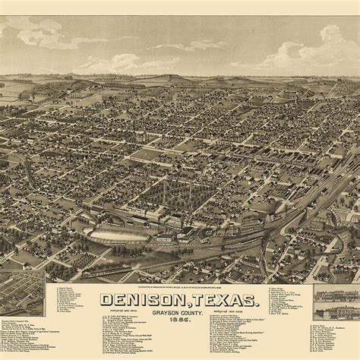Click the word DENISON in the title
(x=139, y=302)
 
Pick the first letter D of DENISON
(x=106, y=302)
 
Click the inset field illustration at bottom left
(x=21, y=293)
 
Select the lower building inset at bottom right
(x=336, y=311)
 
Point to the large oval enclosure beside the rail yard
(x=118, y=235)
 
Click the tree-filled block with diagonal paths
(x=170, y=191)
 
